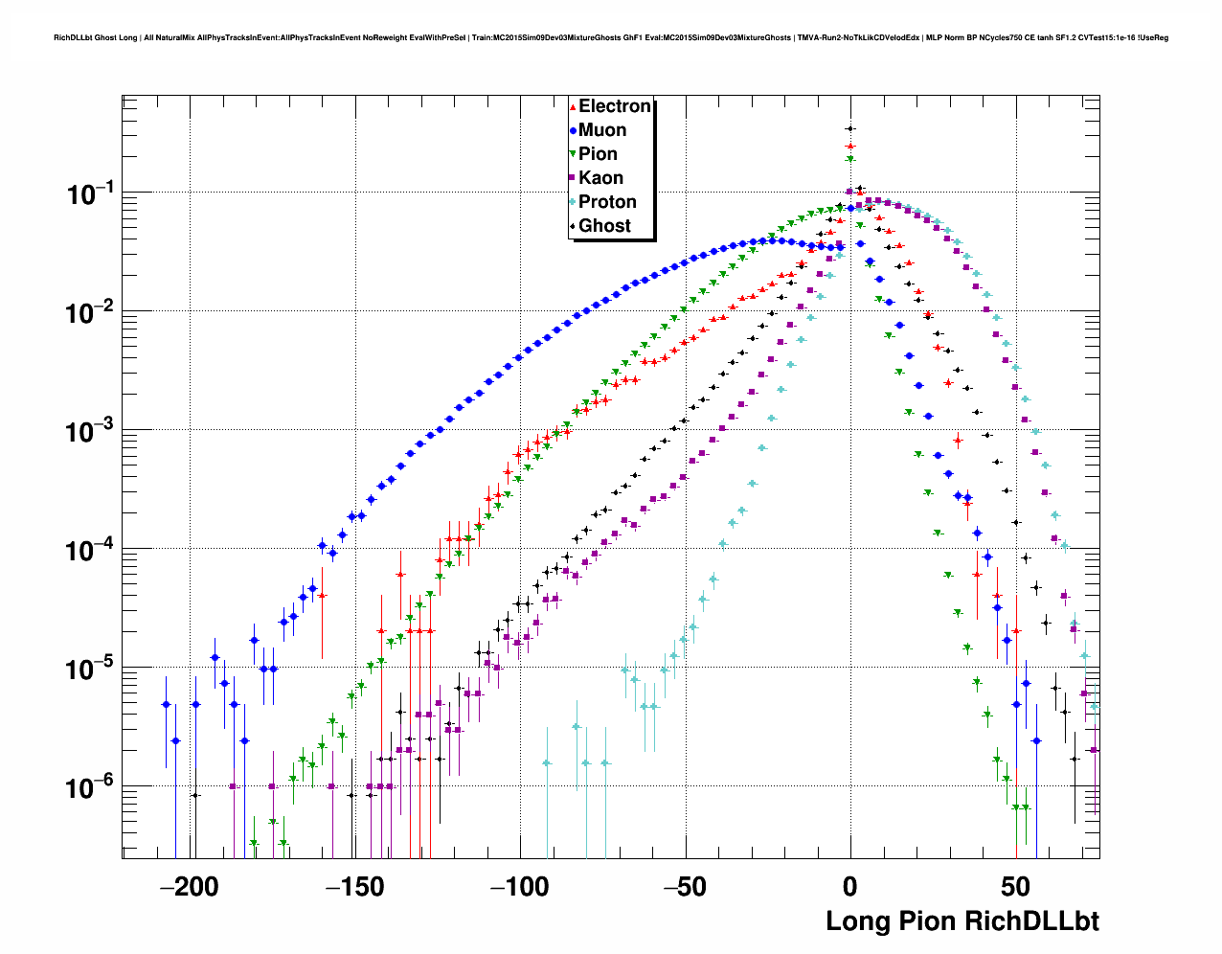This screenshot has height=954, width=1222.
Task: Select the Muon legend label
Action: (x=602, y=130)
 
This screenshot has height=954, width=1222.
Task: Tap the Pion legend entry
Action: (x=598, y=154)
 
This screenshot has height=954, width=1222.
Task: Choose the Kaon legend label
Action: (x=600, y=178)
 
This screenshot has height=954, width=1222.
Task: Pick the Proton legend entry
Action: (x=607, y=202)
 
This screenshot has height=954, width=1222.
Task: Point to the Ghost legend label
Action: (x=604, y=226)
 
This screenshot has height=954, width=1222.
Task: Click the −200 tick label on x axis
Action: (x=191, y=887)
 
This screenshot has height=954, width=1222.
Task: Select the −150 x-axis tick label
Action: (x=355, y=887)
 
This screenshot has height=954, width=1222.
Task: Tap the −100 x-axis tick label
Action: (x=520, y=887)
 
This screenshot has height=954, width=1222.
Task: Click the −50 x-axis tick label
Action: (x=686, y=887)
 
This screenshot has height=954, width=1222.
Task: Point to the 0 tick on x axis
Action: (x=850, y=887)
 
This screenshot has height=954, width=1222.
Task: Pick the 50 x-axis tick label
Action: (x=1016, y=887)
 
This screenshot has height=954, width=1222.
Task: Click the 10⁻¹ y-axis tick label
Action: (x=91, y=194)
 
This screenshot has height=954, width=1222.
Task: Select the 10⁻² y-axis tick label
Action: (x=91, y=313)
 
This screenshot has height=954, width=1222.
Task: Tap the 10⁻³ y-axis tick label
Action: (x=91, y=432)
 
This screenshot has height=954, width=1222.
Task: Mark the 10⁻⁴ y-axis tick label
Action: (x=91, y=551)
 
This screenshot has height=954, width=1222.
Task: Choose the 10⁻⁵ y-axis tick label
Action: (x=91, y=670)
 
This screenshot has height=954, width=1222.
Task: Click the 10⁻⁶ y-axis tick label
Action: (x=91, y=788)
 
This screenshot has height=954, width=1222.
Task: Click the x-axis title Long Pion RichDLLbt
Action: (x=962, y=921)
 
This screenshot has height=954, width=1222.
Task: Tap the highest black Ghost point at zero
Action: (x=849, y=128)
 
